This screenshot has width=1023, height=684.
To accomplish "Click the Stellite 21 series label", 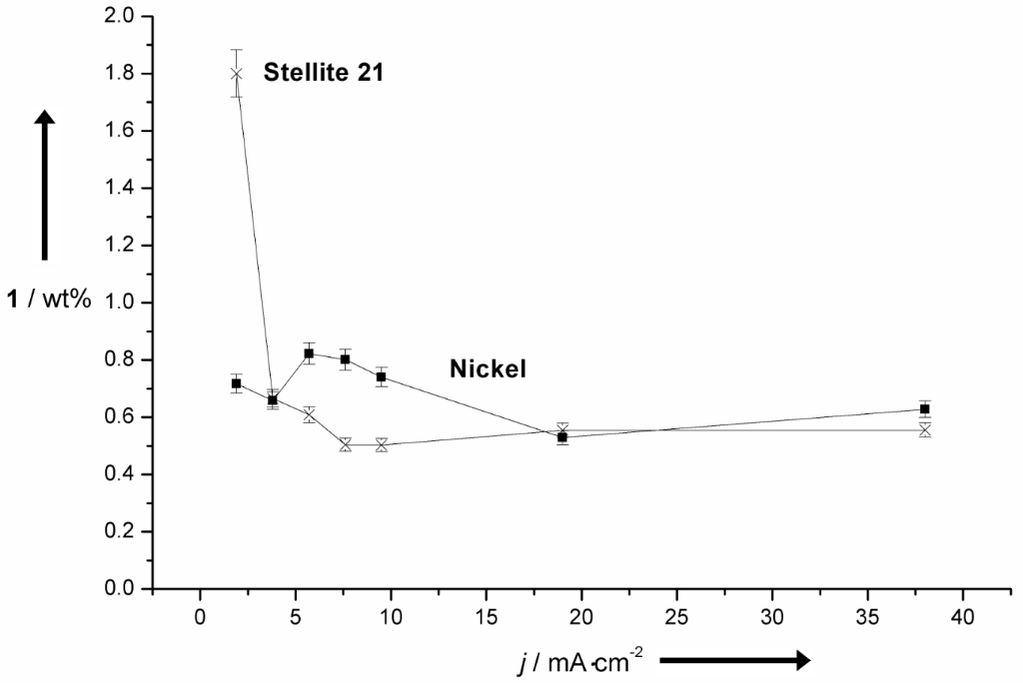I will click(324, 72).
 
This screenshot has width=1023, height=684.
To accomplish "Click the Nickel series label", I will click(488, 369).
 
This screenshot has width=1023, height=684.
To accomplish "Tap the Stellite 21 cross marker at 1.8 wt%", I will click(236, 73).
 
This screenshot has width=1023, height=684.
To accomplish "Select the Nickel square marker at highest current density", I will click(925, 409).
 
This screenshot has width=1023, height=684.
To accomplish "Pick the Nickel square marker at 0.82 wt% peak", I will click(310, 353).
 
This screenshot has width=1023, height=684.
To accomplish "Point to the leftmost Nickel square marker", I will click(236, 383).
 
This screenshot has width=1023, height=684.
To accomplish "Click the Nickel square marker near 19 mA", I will click(562, 437).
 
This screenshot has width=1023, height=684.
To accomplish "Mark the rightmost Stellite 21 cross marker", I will click(925, 429).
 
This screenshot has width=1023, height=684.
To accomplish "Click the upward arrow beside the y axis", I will click(44, 185).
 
